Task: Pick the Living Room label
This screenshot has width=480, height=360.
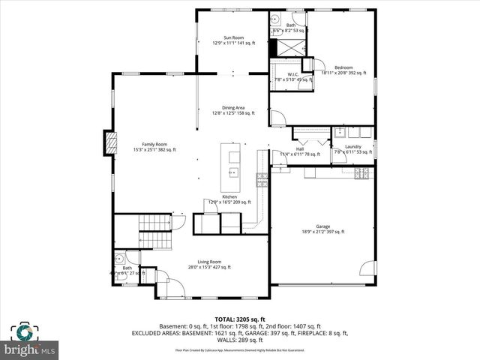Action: click(x=209, y=263)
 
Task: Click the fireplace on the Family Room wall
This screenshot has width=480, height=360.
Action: click(x=111, y=143)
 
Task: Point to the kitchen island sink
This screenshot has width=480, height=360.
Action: click(x=232, y=172)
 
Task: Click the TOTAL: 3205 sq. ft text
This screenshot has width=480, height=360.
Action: click(x=240, y=319)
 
